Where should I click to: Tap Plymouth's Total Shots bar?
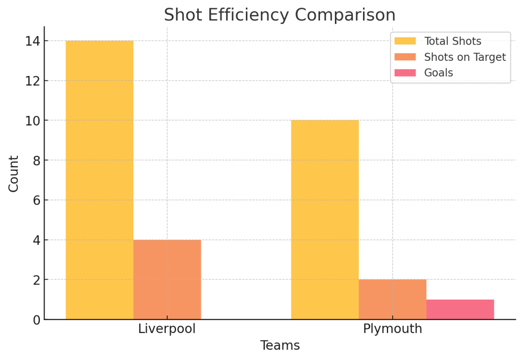pos(325,220)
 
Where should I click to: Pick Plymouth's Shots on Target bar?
pos(392,300)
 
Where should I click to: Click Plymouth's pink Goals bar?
pos(460,309)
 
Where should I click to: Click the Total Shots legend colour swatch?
pos(405,41)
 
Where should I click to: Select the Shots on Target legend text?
pos(465,57)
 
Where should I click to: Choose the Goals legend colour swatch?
pos(405,73)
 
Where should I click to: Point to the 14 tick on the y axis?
pos(32,41)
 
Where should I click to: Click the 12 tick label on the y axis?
pos(32,81)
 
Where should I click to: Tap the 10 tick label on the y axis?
pos(32,121)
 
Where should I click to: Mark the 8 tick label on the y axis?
pos(36,161)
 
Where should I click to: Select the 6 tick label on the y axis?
pos(36,200)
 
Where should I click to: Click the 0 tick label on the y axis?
pos(36,320)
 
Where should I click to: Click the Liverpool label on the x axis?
pos(167,329)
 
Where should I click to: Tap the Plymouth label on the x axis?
pos(393,329)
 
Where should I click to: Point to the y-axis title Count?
pos(14,174)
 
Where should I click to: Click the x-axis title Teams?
pos(280,346)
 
